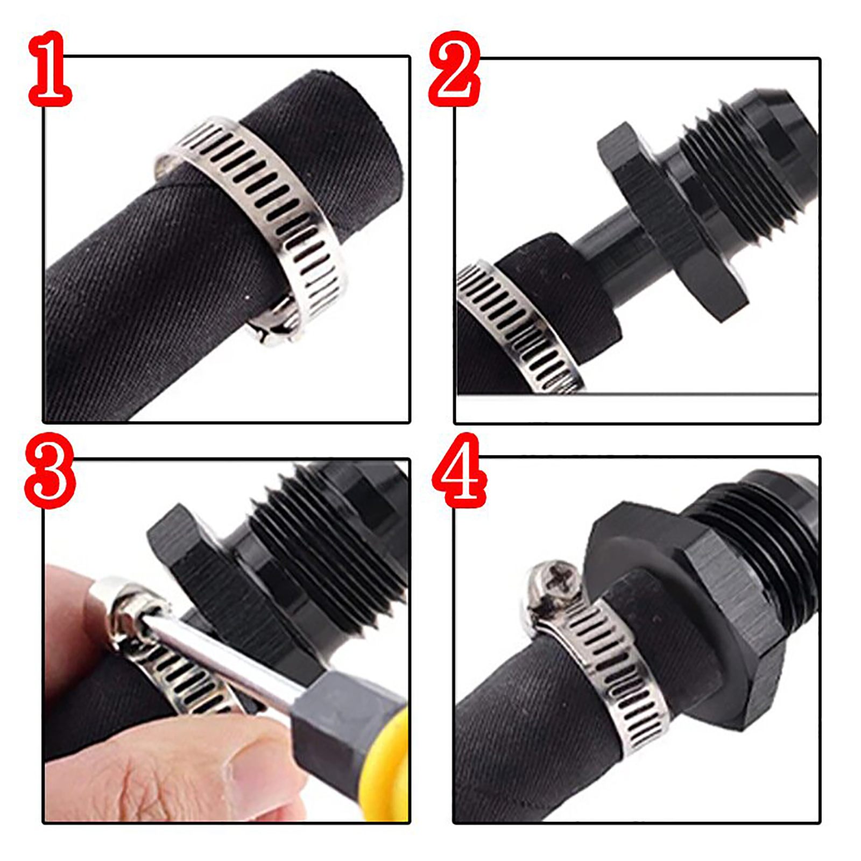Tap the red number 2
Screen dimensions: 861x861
(x=455, y=68)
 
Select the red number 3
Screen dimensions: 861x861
(x=50, y=471)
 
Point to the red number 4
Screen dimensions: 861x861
(x=459, y=471)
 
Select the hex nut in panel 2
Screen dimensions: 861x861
(x=673, y=221)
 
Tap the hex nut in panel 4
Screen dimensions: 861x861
(x=683, y=608)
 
